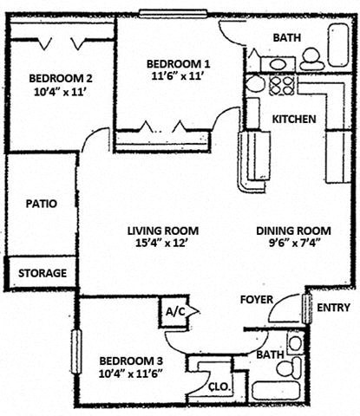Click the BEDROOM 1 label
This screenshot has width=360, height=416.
178,63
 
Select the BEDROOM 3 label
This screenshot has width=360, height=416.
129,361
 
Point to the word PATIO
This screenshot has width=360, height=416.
41,205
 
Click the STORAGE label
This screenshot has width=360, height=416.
42,273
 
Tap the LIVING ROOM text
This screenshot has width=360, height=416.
163,231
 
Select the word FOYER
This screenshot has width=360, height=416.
257,300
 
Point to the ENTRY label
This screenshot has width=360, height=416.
333,308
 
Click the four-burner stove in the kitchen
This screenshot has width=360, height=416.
281,84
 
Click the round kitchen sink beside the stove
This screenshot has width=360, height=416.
254,84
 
